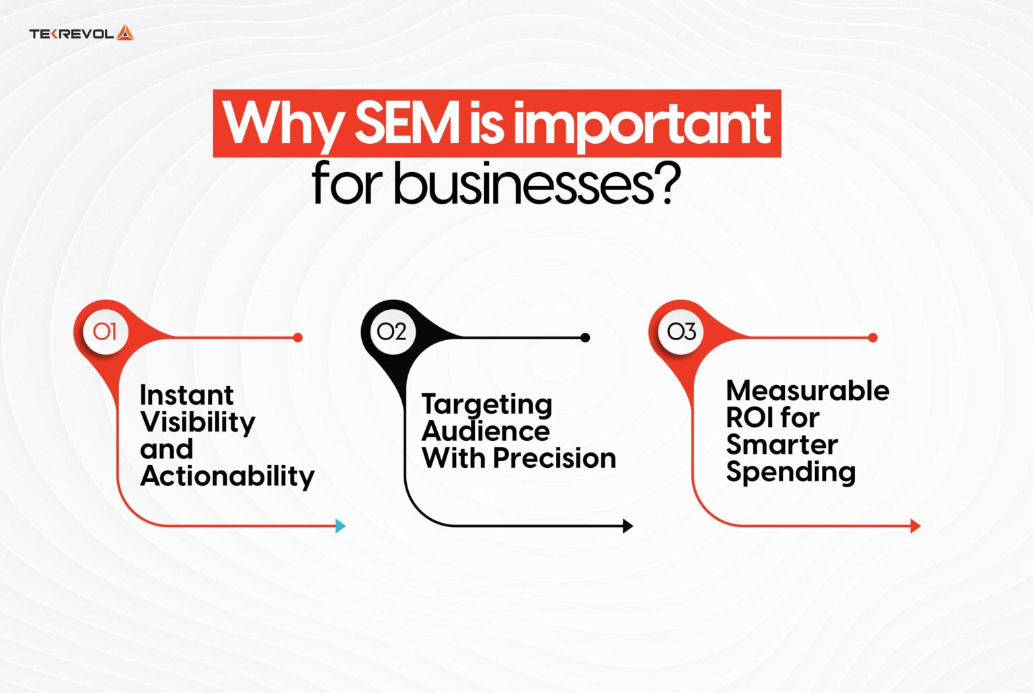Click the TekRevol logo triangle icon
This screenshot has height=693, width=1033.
tap(125, 33)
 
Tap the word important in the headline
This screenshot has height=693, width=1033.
tap(642, 124)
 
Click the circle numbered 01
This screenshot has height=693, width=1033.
tap(105, 331)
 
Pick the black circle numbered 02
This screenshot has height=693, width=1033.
tap(391, 331)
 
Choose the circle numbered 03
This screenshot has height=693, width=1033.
tap(681, 331)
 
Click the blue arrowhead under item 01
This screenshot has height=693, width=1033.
tap(340, 526)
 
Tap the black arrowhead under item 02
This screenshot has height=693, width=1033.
tap(628, 526)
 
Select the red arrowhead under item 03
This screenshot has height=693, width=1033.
tap(915, 526)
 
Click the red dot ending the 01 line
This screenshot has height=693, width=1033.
tap(298, 337)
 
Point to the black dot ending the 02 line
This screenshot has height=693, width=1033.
tap(585, 337)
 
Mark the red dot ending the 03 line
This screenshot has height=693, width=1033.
tap(873, 337)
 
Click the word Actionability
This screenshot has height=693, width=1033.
tap(227, 477)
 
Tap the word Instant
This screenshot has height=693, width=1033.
tap(186, 395)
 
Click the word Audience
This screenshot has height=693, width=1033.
tap(486, 432)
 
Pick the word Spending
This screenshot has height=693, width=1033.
tap(790, 473)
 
